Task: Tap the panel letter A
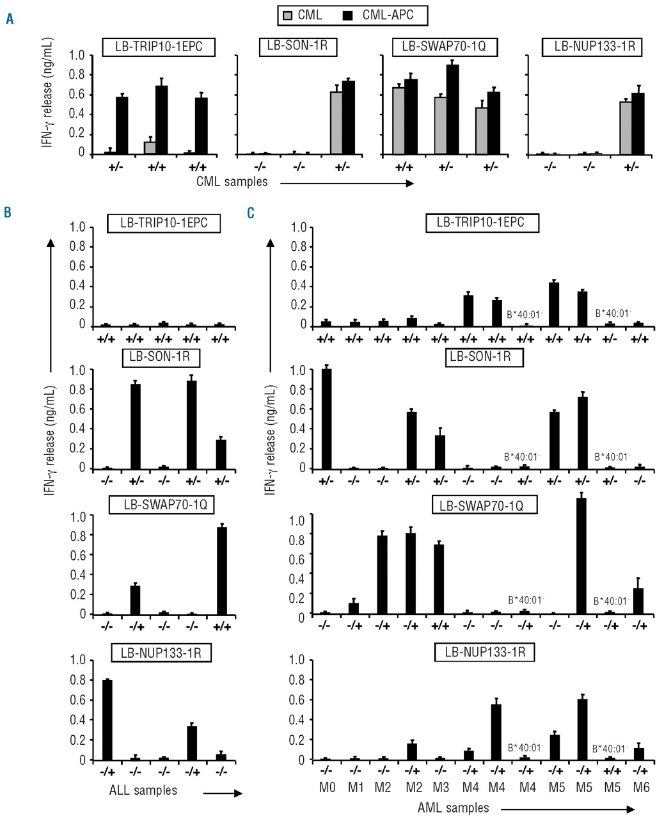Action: coord(9,20)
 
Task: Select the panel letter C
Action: coord(251,212)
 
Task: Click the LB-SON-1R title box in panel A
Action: coord(298,46)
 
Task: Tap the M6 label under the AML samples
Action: coord(640,788)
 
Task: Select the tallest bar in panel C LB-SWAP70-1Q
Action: coord(581,555)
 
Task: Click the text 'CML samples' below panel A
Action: coord(232,182)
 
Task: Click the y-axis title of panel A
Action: coord(47,105)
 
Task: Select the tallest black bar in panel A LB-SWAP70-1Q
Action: coord(452,109)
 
